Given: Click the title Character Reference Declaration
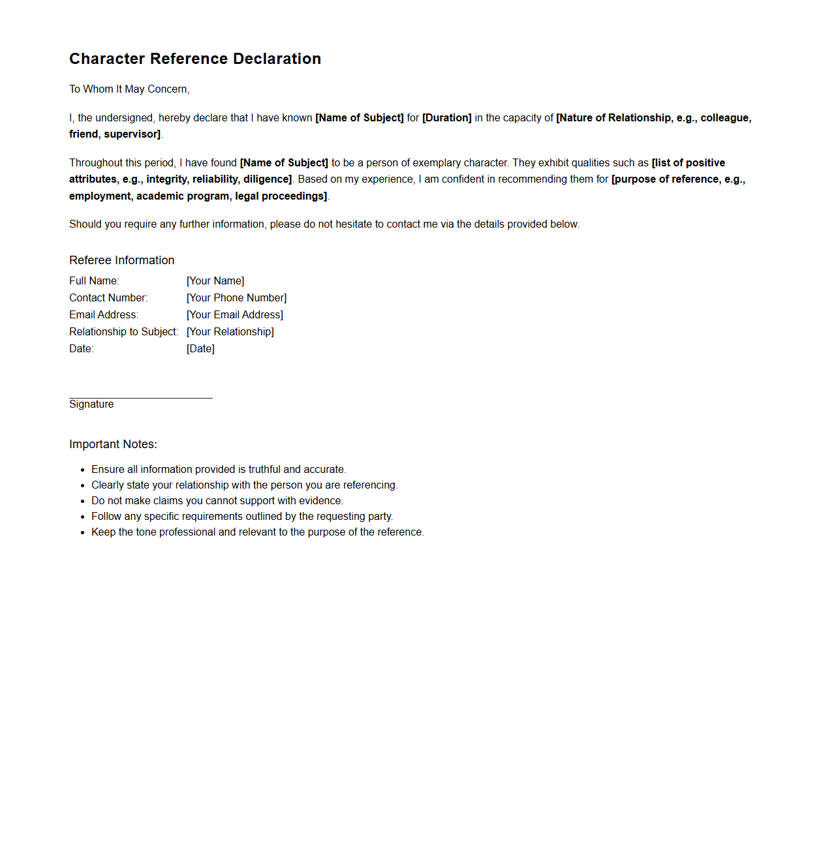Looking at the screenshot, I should pyautogui.click(x=195, y=59).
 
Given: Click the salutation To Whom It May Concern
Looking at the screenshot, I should pyautogui.click(x=129, y=89).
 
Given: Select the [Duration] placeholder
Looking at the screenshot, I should pyautogui.click(x=447, y=118).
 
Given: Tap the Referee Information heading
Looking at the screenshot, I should pyautogui.click(x=122, y=260).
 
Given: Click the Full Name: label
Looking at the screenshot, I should pyautogui.click(x=94, y=281).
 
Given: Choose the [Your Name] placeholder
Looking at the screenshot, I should pyautogui.click(x=215, y=281).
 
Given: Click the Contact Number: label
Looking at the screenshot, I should pyautogui.click(x=108, y=298).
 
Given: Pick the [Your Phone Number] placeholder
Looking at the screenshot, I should pyautogui.click(x=236, y=298).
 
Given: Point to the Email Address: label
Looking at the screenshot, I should pyautogui.click(x=104, y=315).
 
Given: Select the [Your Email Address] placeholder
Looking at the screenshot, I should pyautogui.click(x=235, y=315).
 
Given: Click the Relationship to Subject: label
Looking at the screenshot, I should pyautogui.click(x=123, y=332).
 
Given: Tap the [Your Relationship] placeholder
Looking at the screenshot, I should pyautogui.click(x=230, y=332).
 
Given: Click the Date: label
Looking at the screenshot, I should pyautogui.click(x=82, y=349).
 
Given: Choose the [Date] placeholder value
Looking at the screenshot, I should pyautogui.click(x=200, y=349).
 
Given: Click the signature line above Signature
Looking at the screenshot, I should pyautogui.click(x=141, y=397).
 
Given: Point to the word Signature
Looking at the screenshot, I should pyautogui.click(x=91, y=404).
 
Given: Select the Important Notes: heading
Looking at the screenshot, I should pyautogui.click(x=113, y=444).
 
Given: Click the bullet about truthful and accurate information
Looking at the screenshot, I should pyautogui.click(x=219, y=470).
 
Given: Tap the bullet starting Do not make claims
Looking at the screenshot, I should pyautogui.click(x=217, y=501).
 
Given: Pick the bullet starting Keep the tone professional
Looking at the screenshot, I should pyautogui.click(x=258, y=532).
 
